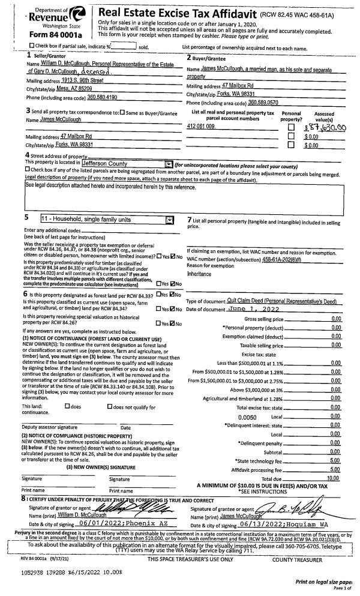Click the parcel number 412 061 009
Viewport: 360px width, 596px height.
pos(201,126)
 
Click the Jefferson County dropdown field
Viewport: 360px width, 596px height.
pos(127,163)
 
